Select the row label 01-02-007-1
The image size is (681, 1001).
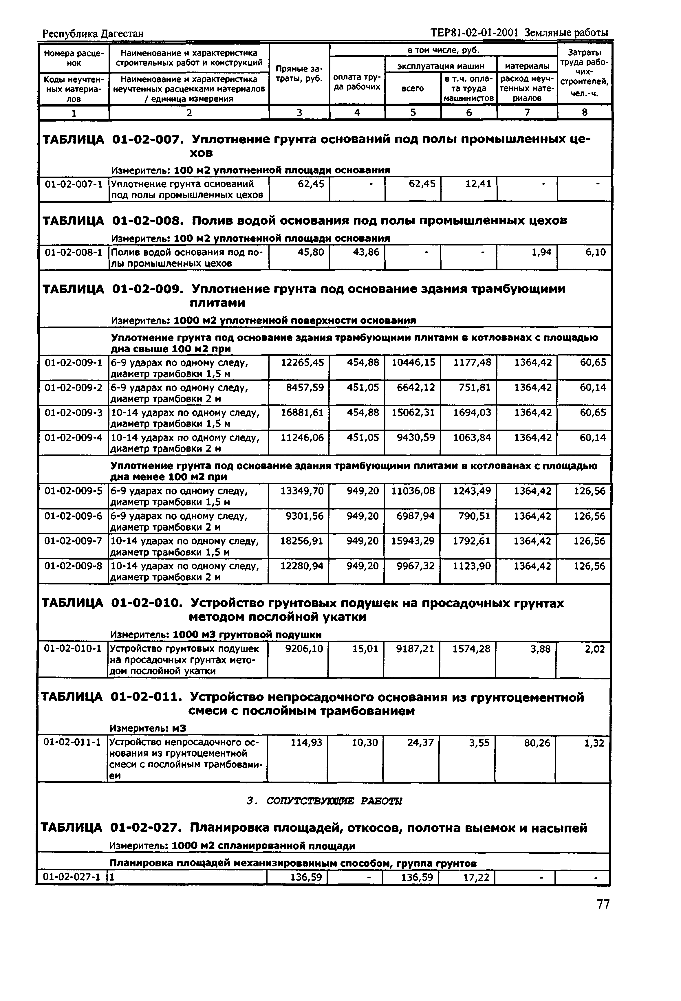pos(74,184)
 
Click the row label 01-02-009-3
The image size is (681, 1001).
pos(74,412)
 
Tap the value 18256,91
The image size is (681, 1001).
pos(301,541)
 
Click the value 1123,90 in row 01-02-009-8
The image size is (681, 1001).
pos(472,566)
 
